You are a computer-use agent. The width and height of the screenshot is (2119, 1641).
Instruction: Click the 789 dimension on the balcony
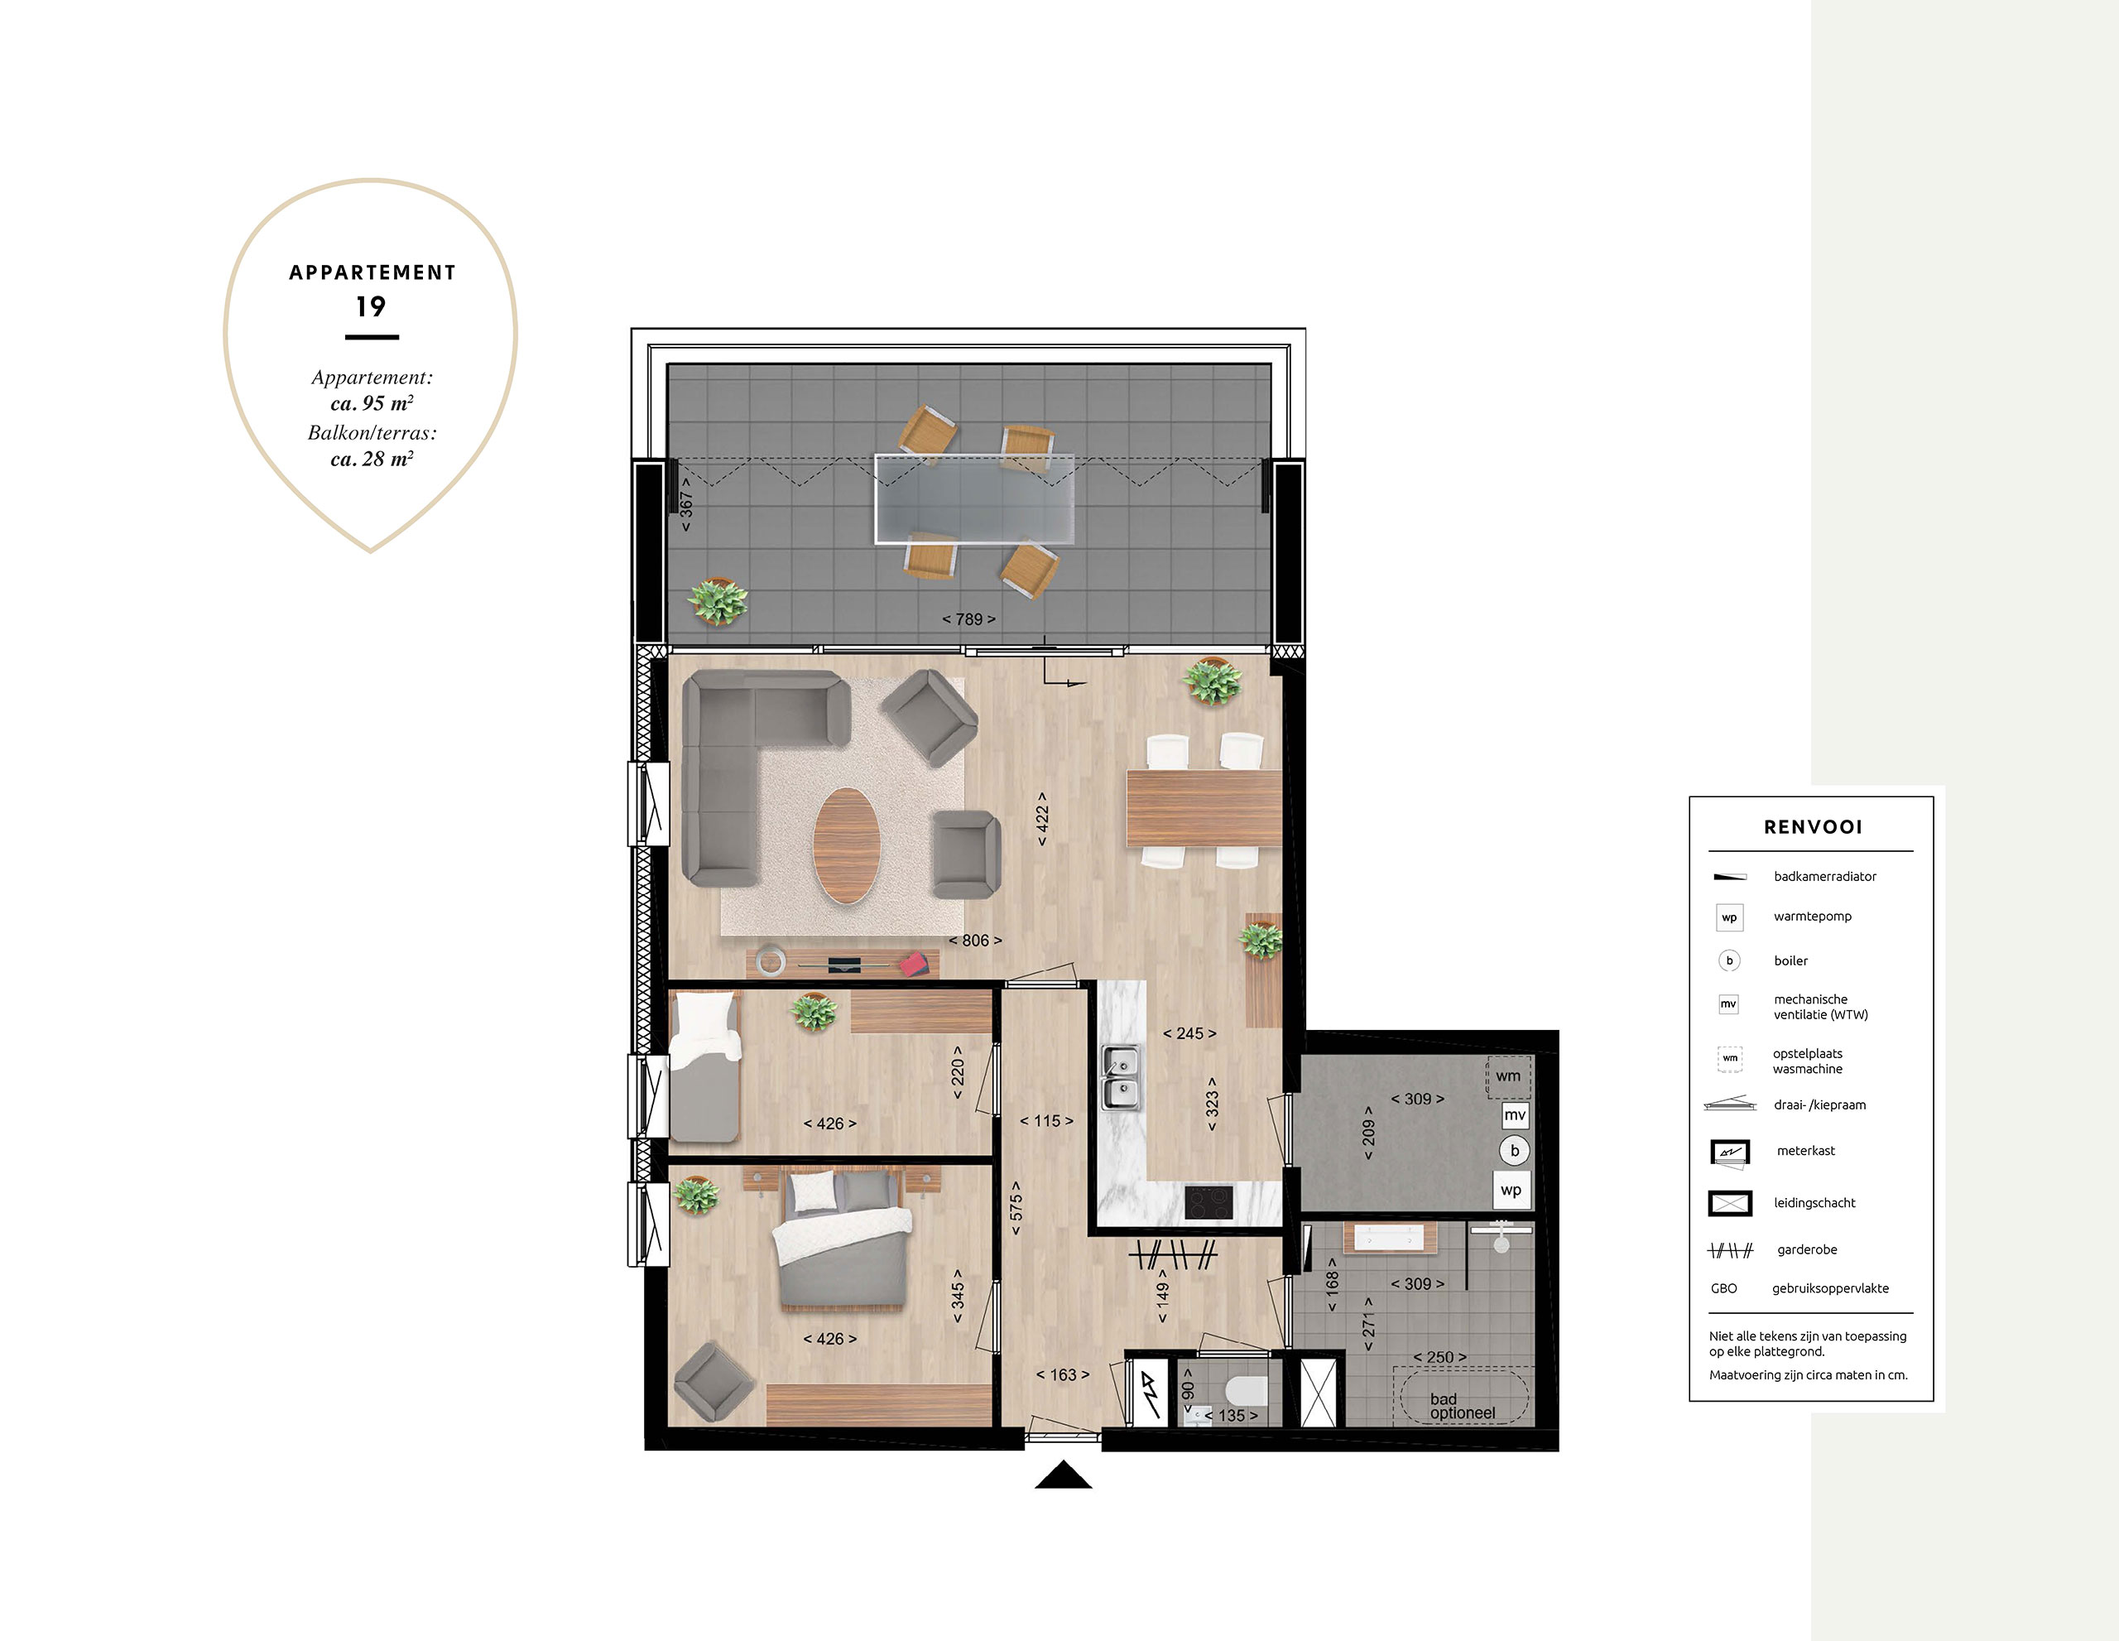(x=968, y=619)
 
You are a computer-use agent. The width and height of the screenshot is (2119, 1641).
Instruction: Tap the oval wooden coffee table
(x=846, y=845)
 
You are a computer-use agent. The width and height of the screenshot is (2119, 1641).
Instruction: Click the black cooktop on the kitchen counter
(x=1209, y=1202)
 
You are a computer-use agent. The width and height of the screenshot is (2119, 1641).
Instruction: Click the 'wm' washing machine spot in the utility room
(x=1509, y=1076)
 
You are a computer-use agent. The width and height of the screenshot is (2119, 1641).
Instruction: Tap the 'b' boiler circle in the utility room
(x=1515, y=1151)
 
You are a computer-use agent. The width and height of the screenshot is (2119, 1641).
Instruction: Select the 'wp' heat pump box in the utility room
(x=1511, y=1190)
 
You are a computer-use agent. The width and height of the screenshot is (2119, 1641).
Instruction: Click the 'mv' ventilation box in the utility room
(x=1515, y=1115)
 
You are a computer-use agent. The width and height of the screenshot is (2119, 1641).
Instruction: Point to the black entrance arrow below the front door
(x=1064, y=1475)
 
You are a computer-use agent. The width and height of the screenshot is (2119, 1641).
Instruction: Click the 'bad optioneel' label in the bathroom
(x=1462, y=1406)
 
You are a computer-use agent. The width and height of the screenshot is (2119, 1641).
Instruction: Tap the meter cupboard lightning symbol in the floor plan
(x=1151, y=1393)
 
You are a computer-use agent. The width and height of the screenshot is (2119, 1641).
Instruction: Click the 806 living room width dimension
(x=975, y=941)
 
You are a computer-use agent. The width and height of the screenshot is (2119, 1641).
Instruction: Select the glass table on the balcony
(x=974, y=498)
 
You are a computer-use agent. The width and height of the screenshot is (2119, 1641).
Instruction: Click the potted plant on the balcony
(x=718, y=602)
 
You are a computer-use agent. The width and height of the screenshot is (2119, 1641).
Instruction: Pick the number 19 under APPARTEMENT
(x=371, y=306)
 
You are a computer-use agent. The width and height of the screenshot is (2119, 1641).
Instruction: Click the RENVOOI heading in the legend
(x=1813, y=827)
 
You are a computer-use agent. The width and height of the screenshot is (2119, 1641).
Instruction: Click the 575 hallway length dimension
(x=1016, y=1207)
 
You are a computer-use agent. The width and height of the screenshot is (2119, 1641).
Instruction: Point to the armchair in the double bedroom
(x=714, y=1382)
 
